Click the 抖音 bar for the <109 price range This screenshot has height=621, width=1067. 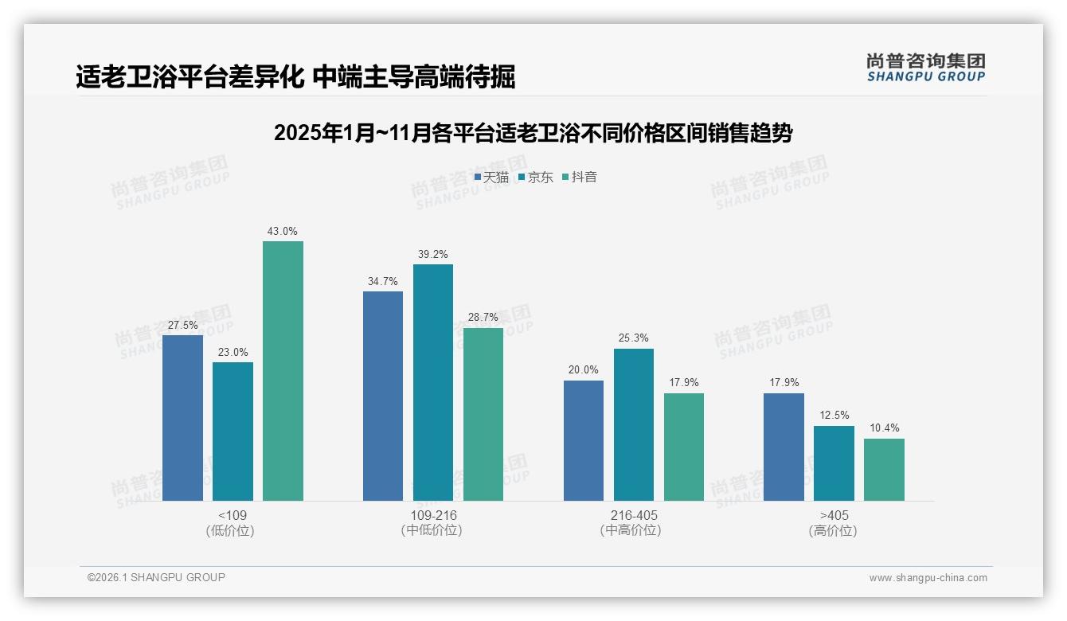tap(283, 371)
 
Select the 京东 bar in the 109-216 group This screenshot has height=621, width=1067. tap(432, 382)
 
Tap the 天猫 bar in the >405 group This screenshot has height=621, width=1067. tap(784, 447)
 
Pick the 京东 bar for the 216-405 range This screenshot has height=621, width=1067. tap(633, 424)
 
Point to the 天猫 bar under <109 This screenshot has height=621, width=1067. tap(182, 418)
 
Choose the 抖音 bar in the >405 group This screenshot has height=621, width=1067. tap(884, 470)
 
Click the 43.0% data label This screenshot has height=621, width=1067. tap(283, 232)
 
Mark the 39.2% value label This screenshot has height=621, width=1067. tap(432, 255)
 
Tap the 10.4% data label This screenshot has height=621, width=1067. tap(884, 428)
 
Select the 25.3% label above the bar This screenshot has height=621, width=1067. tap(633, 338)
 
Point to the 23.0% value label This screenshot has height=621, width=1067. tap(233, 352)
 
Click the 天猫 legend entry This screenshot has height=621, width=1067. tap(491, 178)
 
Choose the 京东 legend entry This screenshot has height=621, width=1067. tap(535, 178)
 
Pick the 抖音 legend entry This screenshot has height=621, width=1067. tap(580, 178)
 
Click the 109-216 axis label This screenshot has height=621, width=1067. tap(433, 515)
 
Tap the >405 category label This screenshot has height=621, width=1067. tap(833, 515)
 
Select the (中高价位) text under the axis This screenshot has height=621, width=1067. tap(631, 530)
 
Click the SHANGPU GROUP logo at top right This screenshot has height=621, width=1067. tap(925, 68)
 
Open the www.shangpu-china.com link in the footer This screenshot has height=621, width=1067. tap(928, 578)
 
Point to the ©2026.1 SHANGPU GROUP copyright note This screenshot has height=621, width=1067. tap(156, 577)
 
